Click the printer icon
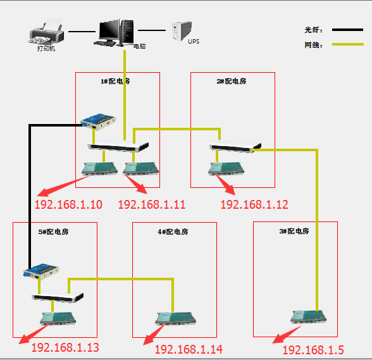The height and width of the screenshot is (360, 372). tap(46, 32)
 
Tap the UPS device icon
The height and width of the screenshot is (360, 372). tap(182, 32)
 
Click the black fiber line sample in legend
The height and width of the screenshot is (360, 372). tap(347, 30)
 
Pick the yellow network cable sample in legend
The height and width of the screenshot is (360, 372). tap(347, 45)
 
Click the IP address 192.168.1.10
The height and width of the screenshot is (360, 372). tap(68, 204)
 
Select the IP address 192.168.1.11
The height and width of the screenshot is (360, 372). tap(151, 204)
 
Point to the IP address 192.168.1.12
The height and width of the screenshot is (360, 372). tap(254, 204)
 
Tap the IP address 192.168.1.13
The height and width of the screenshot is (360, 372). tap(65, 347)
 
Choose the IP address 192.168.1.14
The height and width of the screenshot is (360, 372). tap(189, 349)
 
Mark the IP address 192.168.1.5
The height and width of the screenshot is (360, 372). tap(313, 350)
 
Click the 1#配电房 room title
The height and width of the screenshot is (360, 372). tap(115, 81)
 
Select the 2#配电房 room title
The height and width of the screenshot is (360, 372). tap(232, 81)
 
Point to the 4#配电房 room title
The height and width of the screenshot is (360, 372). tap(173, 232)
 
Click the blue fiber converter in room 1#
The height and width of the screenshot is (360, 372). tap(99, 120)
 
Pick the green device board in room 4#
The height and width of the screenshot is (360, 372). tap(172, 318)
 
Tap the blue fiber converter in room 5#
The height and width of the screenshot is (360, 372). tap(42, 270)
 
